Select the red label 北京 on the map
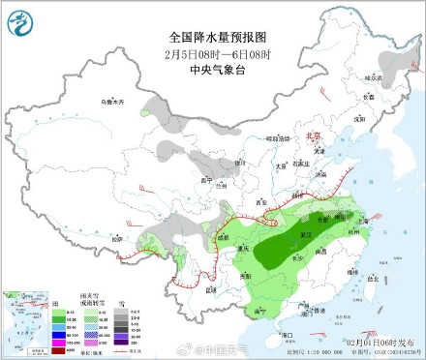(x=312, y=137)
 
